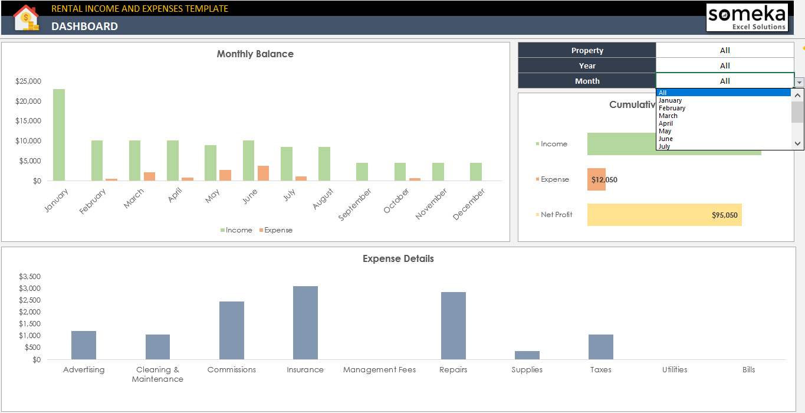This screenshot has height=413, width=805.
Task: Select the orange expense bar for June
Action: (x=263, y=173)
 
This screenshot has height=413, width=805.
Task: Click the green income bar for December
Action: (x=476, y=172)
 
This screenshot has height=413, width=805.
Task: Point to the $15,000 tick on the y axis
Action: (x=28, y=121)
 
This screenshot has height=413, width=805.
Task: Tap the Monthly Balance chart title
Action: (x=255, y=54)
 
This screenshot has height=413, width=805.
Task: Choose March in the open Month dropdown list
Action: (x=668, y=116)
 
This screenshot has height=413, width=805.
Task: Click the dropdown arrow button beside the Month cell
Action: (x=799, y=83)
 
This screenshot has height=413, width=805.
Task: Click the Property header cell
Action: (x=587, y=50)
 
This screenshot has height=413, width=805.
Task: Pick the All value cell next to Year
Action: (x=725, y=65)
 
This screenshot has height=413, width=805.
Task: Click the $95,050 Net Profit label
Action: (x=724, y=215)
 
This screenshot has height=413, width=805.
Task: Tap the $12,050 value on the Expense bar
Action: (x=604, y=180)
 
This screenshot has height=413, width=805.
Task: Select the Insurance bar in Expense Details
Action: (x=305, y=323)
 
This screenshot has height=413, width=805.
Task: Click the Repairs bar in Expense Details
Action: (x=453, y=326)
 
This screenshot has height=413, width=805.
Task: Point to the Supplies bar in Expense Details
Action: (x=527, y=355)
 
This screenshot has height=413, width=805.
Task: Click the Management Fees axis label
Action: (x=379, y=370)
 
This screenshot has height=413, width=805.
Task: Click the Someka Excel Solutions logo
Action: (x=747, y=18)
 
